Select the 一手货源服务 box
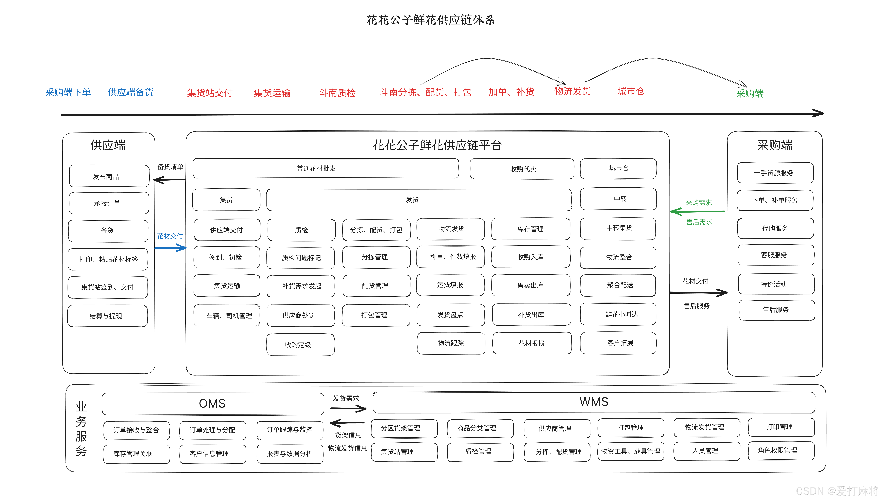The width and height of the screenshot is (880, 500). (x=775, y=173)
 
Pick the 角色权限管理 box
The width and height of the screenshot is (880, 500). (x=781, y=450)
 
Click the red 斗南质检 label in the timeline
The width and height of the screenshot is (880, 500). (x=337, y=93)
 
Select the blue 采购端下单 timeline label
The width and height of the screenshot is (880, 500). (x=68, y=92)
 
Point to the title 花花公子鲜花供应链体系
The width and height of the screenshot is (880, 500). (x=430, y=20)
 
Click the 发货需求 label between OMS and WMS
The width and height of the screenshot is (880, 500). (x=346, y=398)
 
